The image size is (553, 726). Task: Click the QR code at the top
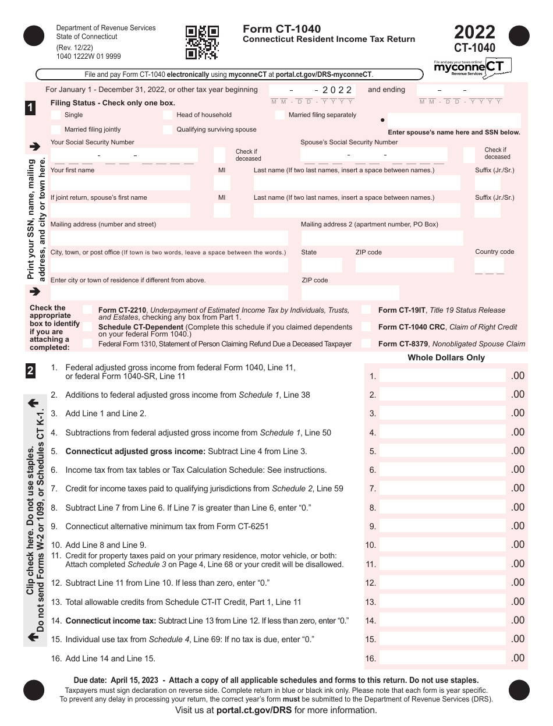[x=202, y=43]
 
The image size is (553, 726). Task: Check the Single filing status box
[x=56, y=115]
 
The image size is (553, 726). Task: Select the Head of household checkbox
[x=168, y=115]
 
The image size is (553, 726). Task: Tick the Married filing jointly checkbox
[x=56, y=130]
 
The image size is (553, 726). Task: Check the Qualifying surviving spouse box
[x=168, y=130]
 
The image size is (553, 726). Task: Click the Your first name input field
[x=120, y=183]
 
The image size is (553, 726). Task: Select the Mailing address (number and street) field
[x=169, y=238]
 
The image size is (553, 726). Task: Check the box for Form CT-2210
[x=87, y=310]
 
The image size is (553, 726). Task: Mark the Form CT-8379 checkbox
[x=366, y=344]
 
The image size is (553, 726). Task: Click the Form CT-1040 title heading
[x=282, y=29]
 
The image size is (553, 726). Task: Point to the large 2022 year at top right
[x=474, y=31]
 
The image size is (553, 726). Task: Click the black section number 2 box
[x=30, y=371]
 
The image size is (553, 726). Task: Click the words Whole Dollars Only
[x=446, y=357]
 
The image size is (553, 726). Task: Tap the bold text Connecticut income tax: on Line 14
[x=111, y=621]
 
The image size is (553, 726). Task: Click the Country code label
[x=494, y=252]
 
